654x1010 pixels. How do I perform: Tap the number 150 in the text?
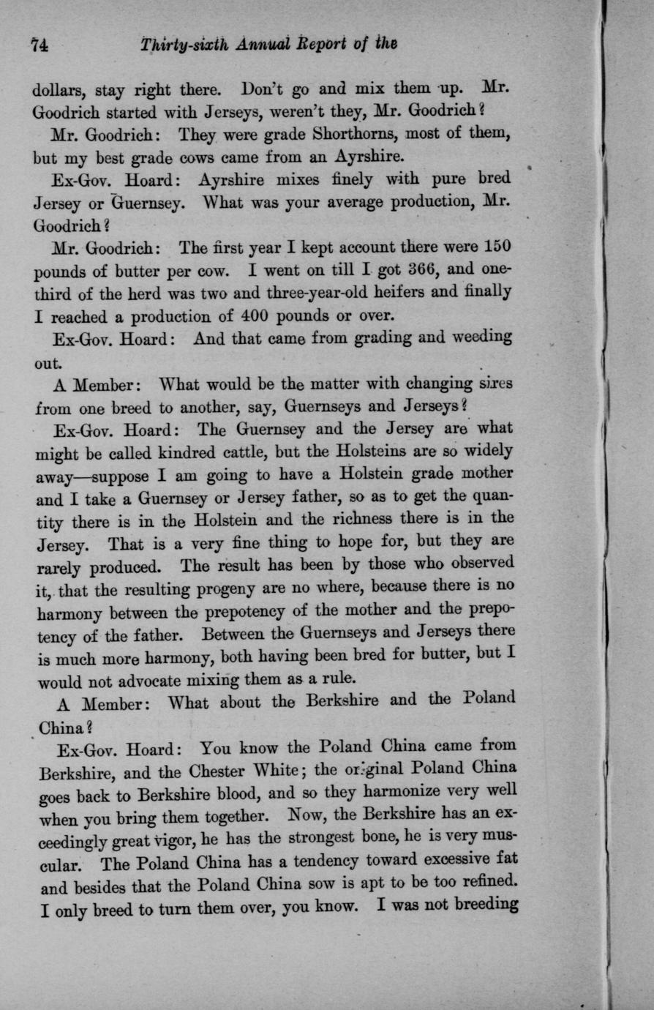coord(495,246)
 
